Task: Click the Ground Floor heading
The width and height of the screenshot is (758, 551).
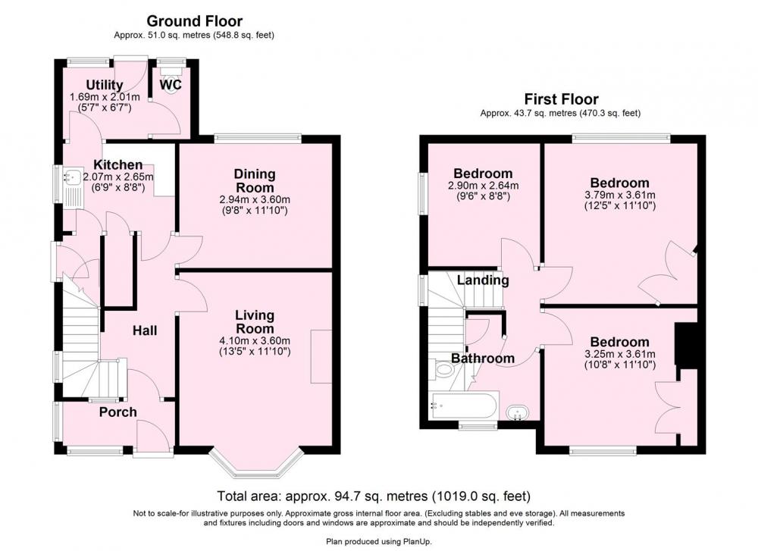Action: click(x=194, y=20)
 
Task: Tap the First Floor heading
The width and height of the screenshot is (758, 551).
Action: click(x=561, y=99)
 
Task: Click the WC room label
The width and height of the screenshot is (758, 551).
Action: click(x=171, y=85)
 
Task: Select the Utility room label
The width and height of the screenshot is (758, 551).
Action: click(x=105, y=86)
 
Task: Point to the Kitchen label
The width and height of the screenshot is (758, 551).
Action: click(x=118, y=164)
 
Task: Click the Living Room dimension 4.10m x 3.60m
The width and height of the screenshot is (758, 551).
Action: click(x=255, y=341)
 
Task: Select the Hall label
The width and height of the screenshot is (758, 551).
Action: click(x=145, y=330)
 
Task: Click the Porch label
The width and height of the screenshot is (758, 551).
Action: click(x=118, y=412)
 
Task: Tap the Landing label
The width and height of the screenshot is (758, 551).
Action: click(x=483, y=280)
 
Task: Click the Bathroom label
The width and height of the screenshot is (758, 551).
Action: click(x=482, y=358)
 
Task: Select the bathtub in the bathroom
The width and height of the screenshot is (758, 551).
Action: click(x=464, y=406)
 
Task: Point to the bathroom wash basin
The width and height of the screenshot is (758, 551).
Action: click(x=517, y=413)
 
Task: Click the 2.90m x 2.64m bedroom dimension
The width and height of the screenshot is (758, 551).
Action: click(x=483, y=186)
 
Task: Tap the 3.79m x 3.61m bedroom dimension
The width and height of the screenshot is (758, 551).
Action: click(x=620, y=196)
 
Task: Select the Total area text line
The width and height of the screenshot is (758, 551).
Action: click(x=374, y=496)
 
